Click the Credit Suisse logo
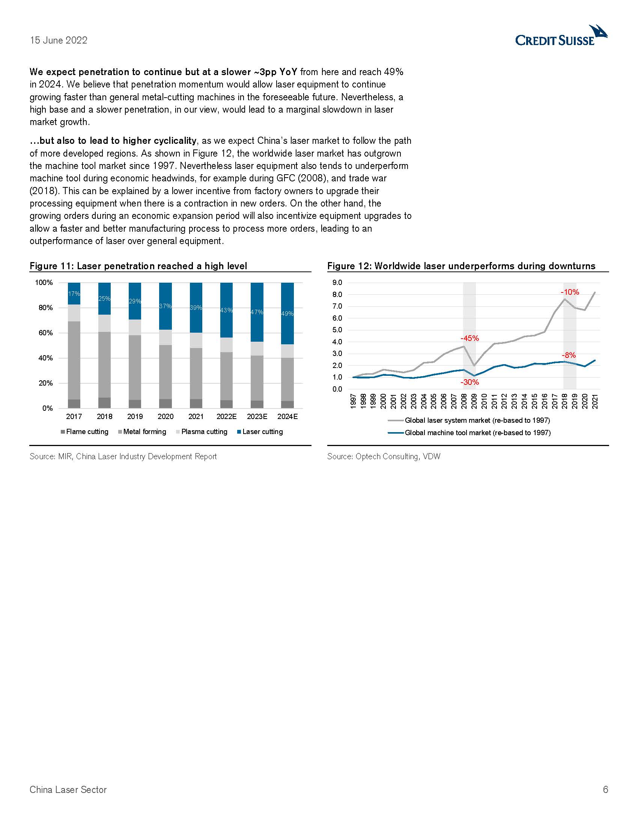pos(561,36)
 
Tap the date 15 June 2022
pos(59,41)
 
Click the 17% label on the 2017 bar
pos(74,294)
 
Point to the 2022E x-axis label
pos(226,416)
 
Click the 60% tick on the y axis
pos(45,333)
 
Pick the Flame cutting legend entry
pos(87,431)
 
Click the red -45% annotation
pos(469,338)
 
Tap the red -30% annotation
pos(469,382)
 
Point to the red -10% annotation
pos(570,292)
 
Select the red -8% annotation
pos(569,355)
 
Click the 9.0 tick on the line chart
pos(337,282)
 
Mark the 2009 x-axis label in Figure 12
pos(474,401)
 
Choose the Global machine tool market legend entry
pos(477,433)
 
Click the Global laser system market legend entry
pos(477,420)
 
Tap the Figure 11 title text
pos(138,266)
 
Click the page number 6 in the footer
pos(605,789)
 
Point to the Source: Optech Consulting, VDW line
pos(384,457)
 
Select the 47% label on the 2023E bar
pos(257,312)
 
